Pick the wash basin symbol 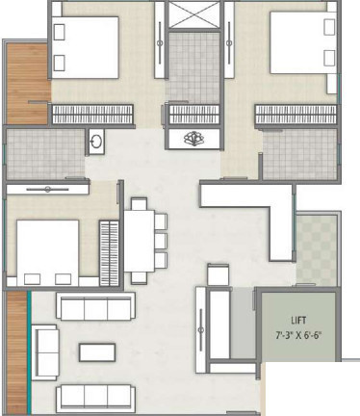click(x=96, y=141)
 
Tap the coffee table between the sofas click(x=97, y=351)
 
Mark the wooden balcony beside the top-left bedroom click(x=25, y=84)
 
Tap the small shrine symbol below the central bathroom click(x=194, y=138)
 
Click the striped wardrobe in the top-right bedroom click(x=294, y=114)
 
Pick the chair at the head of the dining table click(x=141, y=203)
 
